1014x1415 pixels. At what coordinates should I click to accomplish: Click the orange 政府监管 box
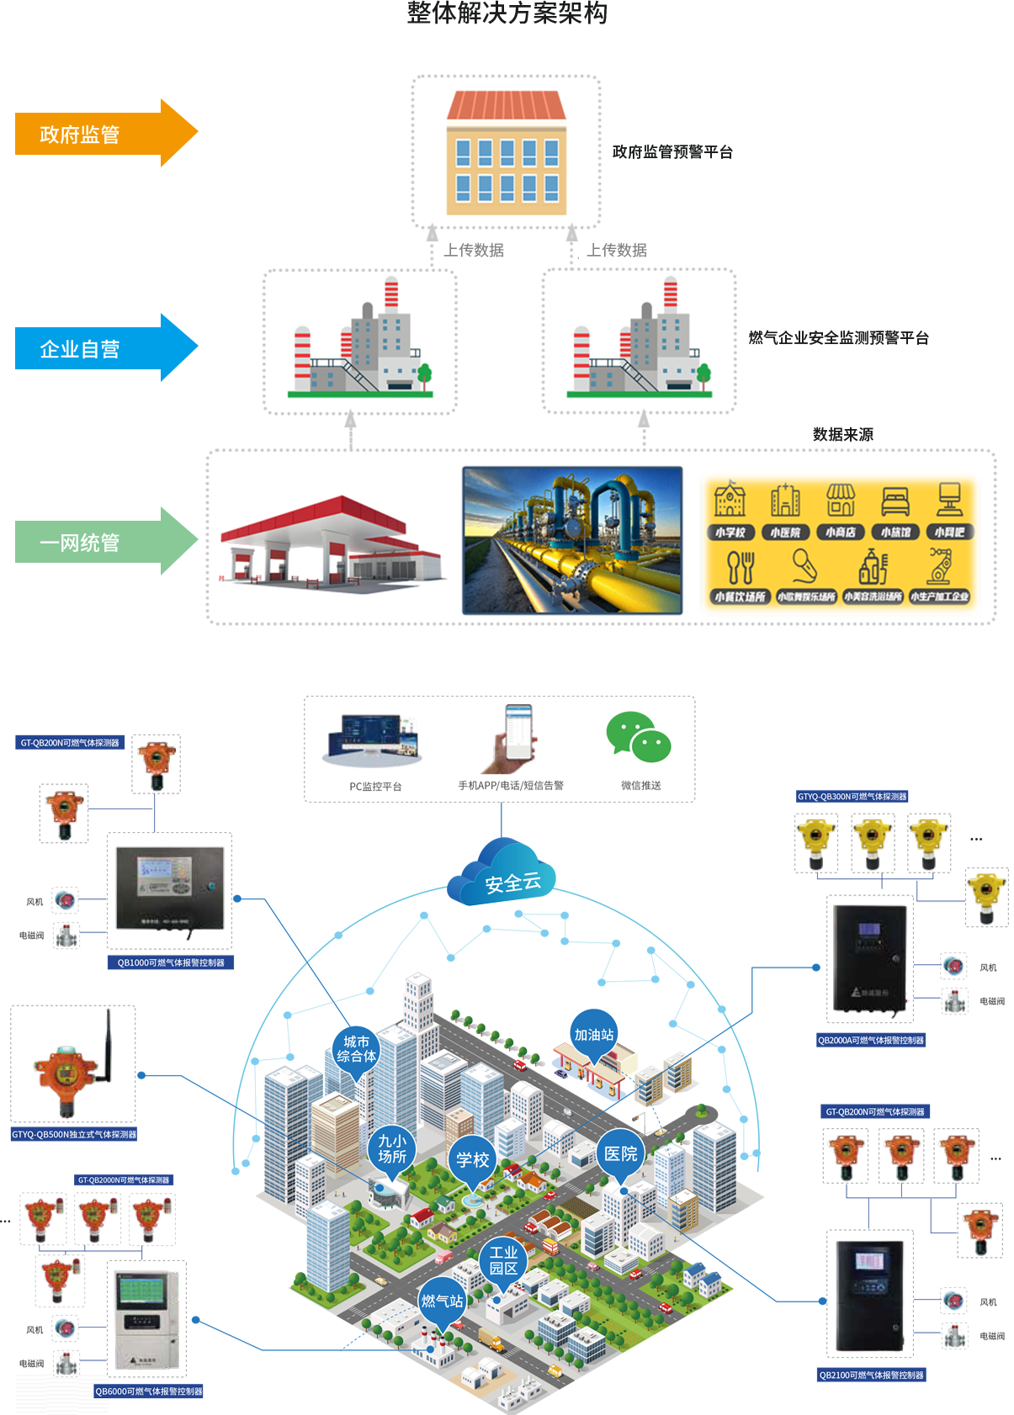tap(107, 133)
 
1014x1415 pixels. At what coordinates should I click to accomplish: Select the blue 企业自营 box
tap(107, 347)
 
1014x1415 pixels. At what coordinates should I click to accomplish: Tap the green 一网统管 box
tap(107, 541)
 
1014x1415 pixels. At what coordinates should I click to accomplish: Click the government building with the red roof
tap(506, 152)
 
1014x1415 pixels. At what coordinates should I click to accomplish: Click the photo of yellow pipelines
tap(572, 541)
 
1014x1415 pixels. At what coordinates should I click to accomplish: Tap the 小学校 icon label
tap(730, 533)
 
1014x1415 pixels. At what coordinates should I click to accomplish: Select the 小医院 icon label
tap(785, 533)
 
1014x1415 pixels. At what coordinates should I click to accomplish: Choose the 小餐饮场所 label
tap(740, 597)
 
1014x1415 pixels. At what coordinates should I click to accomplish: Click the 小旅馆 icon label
tap(895, 533)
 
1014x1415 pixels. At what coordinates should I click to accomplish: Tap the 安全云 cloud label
tap(512, 882)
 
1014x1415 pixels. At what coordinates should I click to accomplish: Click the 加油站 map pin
tap(594, 1035)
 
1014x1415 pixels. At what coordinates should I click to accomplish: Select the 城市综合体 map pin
tap(357, 1049)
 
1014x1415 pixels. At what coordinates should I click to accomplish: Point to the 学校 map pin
tap(472, 1160)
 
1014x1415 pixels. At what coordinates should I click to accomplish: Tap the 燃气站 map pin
tap(442, 1301)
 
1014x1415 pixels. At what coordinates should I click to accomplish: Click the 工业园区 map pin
tap(503, 1260)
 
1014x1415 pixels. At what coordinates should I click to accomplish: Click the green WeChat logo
tap(650, 745)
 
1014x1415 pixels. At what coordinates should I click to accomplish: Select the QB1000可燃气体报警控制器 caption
tap(171, 962)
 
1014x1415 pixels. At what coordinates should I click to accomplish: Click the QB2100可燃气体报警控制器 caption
tap(871, 1375)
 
